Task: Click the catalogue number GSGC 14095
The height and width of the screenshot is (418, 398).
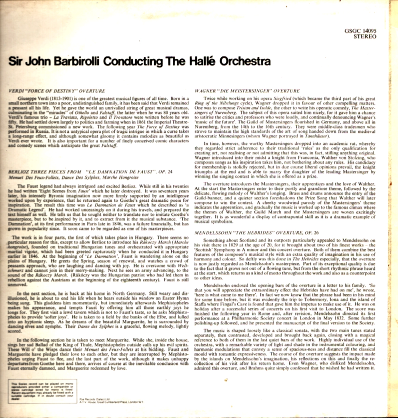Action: point(361,31)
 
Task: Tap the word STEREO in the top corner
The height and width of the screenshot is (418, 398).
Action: point(365,36)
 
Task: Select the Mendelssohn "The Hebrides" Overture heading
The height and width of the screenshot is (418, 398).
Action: point(256,233)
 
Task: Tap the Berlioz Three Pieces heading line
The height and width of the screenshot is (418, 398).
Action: point(90,172)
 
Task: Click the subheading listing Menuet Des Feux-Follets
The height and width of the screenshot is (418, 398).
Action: point(73,177)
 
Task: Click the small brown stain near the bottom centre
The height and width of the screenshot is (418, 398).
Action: point(226,380)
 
